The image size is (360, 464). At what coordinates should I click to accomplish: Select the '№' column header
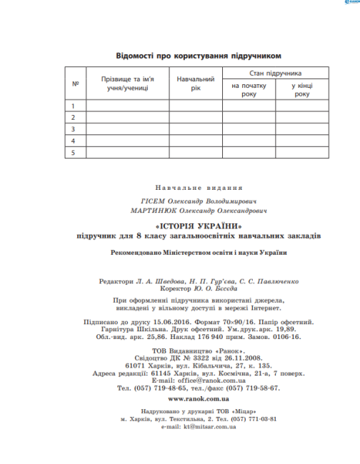click(75, 84)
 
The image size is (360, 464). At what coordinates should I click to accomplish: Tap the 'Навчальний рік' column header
click(196, 84)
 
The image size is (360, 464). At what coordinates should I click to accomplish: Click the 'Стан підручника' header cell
click(275, 74)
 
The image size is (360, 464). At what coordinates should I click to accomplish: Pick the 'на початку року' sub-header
click(248, 90)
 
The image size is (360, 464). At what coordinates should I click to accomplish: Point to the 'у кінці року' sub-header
click(302, 90)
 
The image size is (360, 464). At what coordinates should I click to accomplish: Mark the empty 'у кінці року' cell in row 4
click(302, 141)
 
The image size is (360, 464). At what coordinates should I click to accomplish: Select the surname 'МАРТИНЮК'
click(148, 211)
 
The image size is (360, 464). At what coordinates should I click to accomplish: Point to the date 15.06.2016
click(169, 323)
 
